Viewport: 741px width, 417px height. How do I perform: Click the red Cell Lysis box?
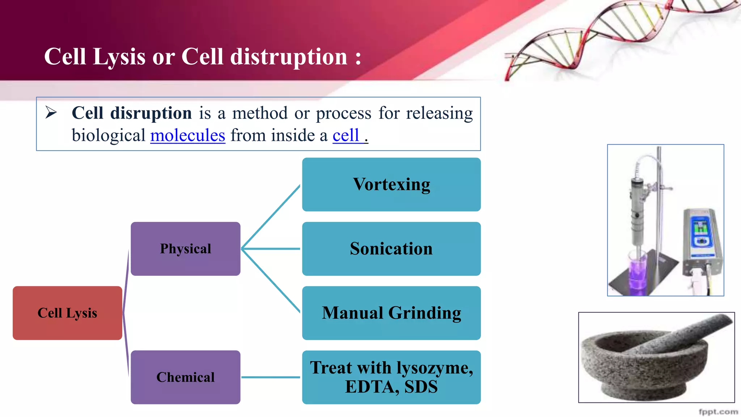click(x=67, y=313)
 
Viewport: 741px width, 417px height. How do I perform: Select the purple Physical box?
click(x=185, y=249)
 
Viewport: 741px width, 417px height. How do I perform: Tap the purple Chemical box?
click(x=185, y=377)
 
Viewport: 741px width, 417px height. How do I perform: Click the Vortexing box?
click(x=391, y=185)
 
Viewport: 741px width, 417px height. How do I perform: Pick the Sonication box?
click(x=391, y=249)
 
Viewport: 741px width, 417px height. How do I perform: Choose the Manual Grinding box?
click(x=391, y=313)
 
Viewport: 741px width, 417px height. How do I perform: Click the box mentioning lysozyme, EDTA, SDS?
click(x=391, y=377)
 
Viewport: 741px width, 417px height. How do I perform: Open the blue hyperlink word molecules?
click(x=187, y=136)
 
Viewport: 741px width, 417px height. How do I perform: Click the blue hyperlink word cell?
click(x=346, y=136)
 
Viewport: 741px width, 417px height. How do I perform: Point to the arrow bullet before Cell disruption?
click(x=51, y=113)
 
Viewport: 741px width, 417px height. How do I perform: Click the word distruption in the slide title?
click(x=289, y=57)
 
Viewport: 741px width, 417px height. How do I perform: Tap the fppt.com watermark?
click(x=718, y=412)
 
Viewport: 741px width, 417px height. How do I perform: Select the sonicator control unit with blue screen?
click(x=701, y=239)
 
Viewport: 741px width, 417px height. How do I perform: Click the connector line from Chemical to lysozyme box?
click(x=271, y=377)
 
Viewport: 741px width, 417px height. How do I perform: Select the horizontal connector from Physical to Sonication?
click(x=271, y=249)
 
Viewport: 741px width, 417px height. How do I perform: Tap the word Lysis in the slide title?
click(x=119, y=57)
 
